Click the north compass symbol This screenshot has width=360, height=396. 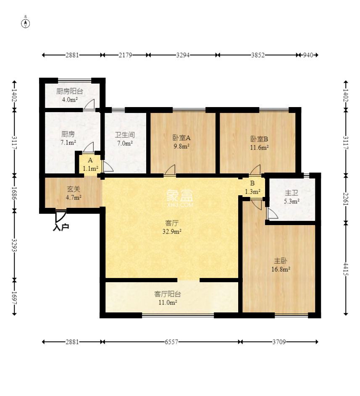tap(26, 23)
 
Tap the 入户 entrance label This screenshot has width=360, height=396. tap(61, 227)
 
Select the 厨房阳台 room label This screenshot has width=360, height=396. tap(69, 91)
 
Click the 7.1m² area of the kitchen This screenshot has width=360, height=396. tap(68, 142)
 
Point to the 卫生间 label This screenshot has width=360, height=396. tap(125, 135)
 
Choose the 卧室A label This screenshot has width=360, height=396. tap(181, 138)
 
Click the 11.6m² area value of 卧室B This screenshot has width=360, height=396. tap(259, 147)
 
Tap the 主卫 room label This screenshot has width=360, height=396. tap(292, 193)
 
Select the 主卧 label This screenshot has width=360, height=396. tap(281, 261)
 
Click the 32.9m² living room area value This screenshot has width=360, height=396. tap(172, 231)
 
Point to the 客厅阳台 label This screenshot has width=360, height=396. tap(168, 294)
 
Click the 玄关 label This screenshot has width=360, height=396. tap(74, 189)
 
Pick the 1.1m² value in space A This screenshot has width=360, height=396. tap(90, 168)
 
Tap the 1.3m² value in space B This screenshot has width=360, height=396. tap(252, 191)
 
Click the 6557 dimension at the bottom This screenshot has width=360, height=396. tap(171, 342)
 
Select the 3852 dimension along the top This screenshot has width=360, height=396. tap(258, 55)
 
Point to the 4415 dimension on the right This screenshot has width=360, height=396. tap(346, 269)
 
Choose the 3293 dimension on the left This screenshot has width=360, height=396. tap(14, 246)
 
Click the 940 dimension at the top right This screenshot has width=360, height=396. tap(308, 55)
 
